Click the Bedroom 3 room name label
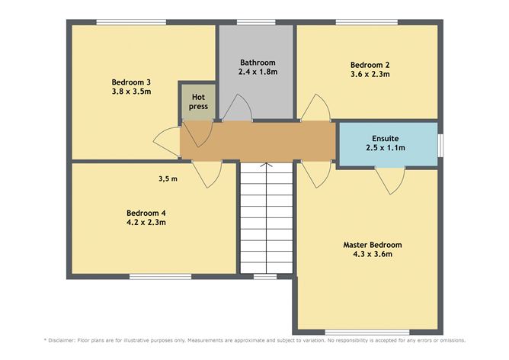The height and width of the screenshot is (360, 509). (x=131, y=82)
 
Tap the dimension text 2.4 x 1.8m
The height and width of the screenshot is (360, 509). (x=257, y=72)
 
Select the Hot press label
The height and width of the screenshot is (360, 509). (x=198, y=101)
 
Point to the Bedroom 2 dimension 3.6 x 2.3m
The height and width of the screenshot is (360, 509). (x=370, y=75)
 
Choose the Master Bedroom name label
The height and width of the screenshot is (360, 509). (x=372, y=245)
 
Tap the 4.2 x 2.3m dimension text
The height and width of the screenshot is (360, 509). (x=146, y=223)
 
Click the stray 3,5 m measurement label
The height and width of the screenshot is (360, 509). (x=168, y=179)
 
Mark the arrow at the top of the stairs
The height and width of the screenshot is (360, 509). (x=266, y=166)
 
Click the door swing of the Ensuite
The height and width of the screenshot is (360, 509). (x=390, y=180)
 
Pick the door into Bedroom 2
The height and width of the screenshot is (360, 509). (x=315, y=109)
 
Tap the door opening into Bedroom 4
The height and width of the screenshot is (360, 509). (x=206, y=175)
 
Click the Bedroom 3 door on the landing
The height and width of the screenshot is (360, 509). (x=166, y=140)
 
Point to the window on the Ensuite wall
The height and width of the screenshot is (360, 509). (x=440, y=144)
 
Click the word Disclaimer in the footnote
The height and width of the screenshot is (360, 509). (x=68, y=340)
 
